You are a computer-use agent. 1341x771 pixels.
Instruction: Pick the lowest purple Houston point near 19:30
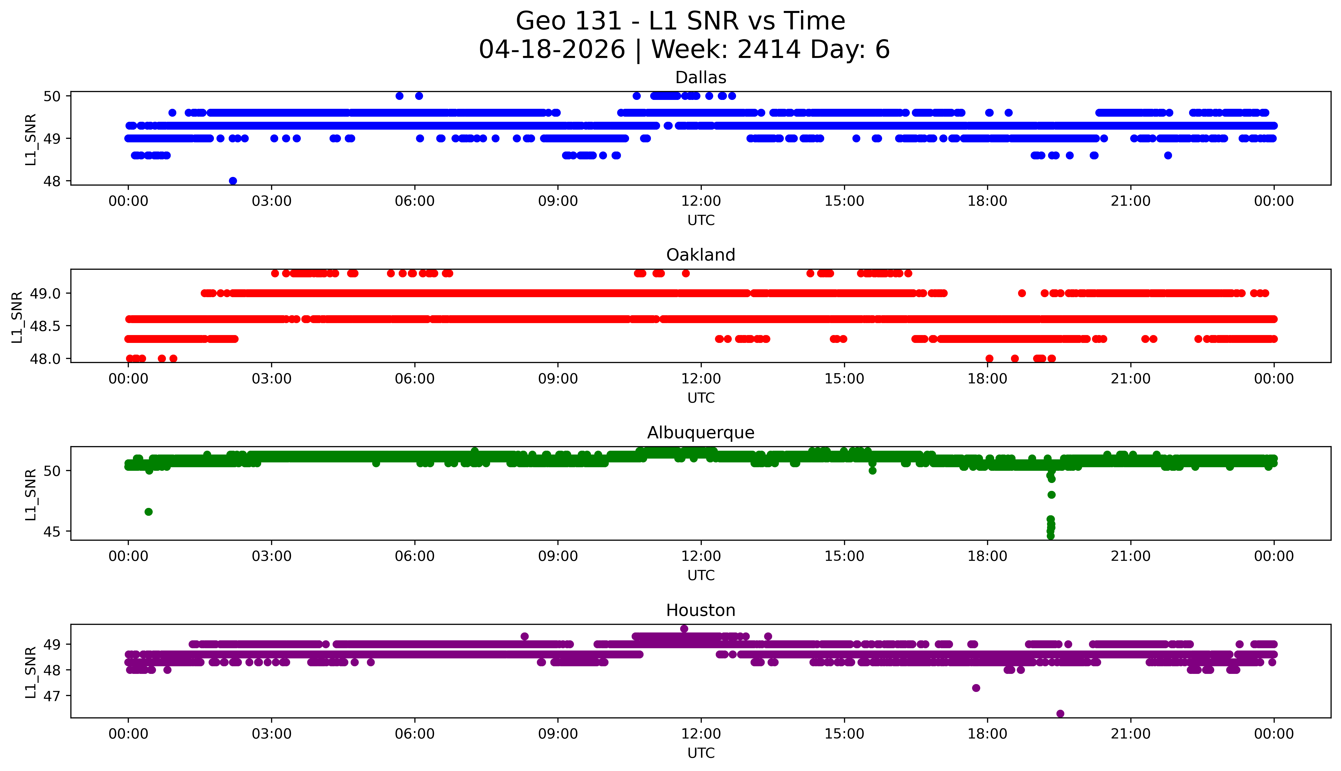[1060, 714]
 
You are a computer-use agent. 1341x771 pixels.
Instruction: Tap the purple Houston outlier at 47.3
[976, 688]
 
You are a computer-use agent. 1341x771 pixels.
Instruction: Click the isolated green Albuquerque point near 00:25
[149, 511]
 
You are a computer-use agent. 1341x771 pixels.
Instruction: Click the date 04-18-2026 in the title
[552, 50]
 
